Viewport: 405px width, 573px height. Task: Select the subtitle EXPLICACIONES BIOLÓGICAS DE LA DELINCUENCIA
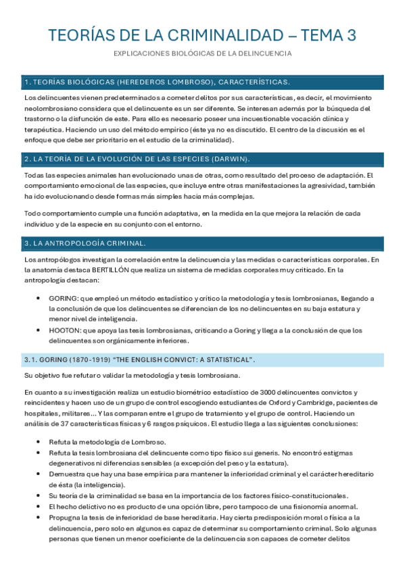pyautogui.click(x=202, y=53)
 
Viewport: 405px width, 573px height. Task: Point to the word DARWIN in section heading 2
pyautogui.click(x=229, y=159)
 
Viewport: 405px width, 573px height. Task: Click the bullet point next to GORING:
pyautogui.click(x=42, y=298)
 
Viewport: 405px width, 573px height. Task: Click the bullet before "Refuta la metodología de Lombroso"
pyautogui.click(x=42, y=442)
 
